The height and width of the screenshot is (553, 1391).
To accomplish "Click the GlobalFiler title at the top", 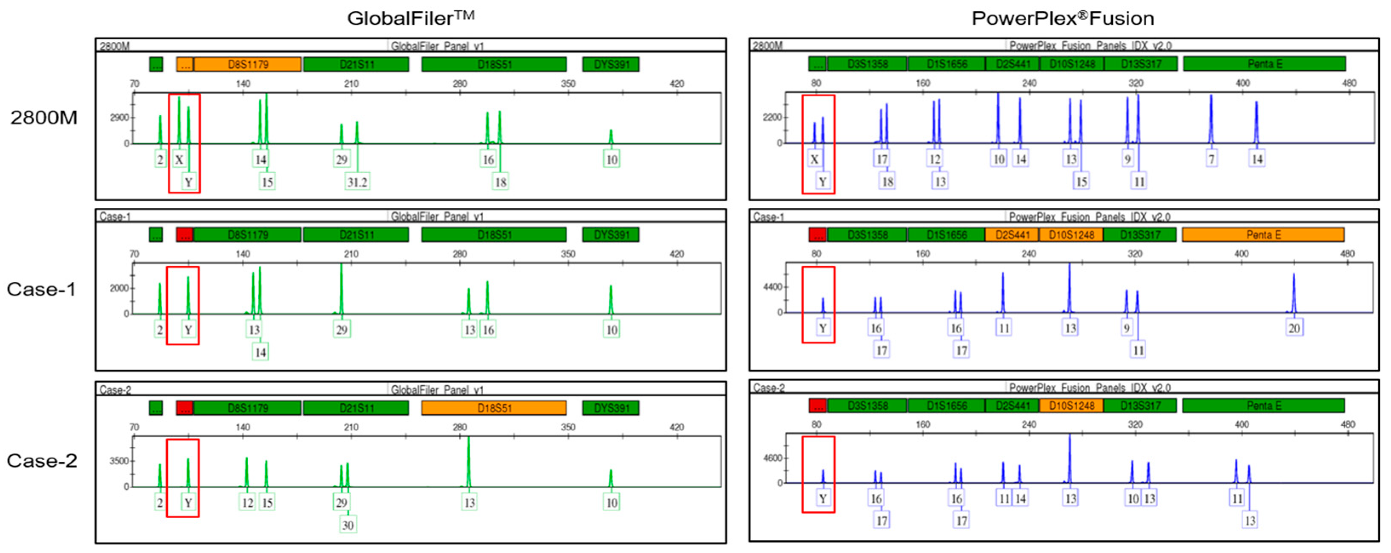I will pyautogui.click(x=410, y=18).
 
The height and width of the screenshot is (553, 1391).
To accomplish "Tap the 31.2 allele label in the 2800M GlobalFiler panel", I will pyautogui.click(x=357, y=182).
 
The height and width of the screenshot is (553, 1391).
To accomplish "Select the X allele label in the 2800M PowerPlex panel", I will pyautogui.click(x=814, y=159).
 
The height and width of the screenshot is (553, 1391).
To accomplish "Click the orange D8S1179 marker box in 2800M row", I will pyautogui.click(x=247, y=65).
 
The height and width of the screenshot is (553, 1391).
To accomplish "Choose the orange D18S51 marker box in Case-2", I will pyautogui.click(x=494, y=408).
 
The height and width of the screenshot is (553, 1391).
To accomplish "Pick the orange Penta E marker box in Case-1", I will pyautogui.click(x=1262, y=235).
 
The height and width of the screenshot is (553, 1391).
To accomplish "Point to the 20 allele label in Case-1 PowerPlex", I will pyautogui.click(x=1294, y=328).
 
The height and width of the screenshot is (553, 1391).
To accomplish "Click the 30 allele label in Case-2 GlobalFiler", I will pyautogui.click(x=348, y=525).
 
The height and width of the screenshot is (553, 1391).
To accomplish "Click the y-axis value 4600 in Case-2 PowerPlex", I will pyautogui.click(x=772, y=458).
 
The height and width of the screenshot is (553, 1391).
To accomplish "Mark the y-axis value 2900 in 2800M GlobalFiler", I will pyautogui.click(x=119, y=118).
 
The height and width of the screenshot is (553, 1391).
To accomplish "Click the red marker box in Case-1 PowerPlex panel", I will pyautogui.click(x=817, y=235).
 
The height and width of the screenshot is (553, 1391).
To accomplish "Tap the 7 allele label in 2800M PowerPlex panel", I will pyautogui.click(x=1211, y=159).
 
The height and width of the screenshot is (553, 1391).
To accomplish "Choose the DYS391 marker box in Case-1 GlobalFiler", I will pyautogui.click(x=611, y=235).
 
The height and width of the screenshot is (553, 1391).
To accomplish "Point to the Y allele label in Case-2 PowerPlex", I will pyautogui.click(x=822, y=499).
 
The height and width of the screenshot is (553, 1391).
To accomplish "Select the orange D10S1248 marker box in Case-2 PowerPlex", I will pyautogui.click(x=1071, y=406).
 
